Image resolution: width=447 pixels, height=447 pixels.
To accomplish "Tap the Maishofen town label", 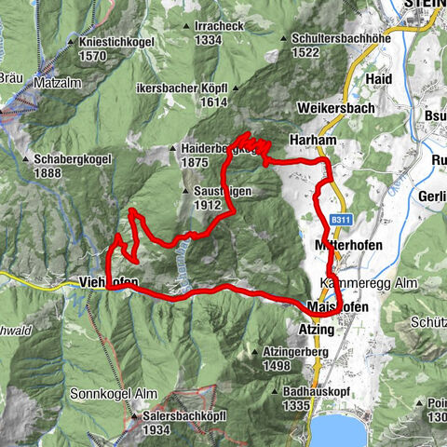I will click(338, 306).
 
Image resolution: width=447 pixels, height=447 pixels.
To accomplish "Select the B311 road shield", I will click(339, 219).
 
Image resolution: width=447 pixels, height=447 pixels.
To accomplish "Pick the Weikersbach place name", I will click(329, 108).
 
